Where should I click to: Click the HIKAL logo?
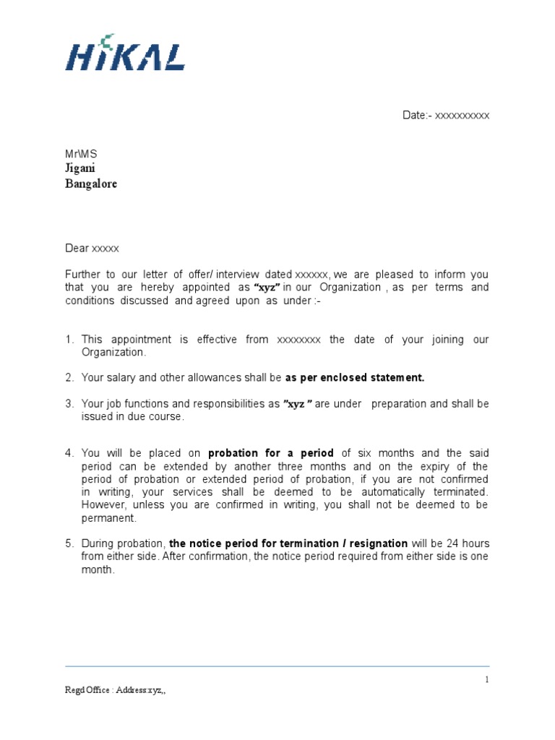(x=124, y=54)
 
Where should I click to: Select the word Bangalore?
(x=91, y=184)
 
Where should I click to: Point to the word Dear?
(x=77, y=248)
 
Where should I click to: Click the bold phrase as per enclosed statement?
(x=355, y=377)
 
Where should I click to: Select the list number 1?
(x=69, y=340)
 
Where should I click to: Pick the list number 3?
(x=69, y=403)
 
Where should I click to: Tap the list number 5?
(x=69, y=543)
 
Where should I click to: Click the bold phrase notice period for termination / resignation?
(x=288, y=543)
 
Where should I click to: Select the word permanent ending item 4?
(x=108, y=518)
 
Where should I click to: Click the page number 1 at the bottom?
(x=487, y=679)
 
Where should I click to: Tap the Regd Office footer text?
(x=116, y=690)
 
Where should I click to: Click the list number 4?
(x=69, y=453)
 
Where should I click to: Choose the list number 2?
(x=69, y=377)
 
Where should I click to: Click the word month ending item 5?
(x=97, y=569)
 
